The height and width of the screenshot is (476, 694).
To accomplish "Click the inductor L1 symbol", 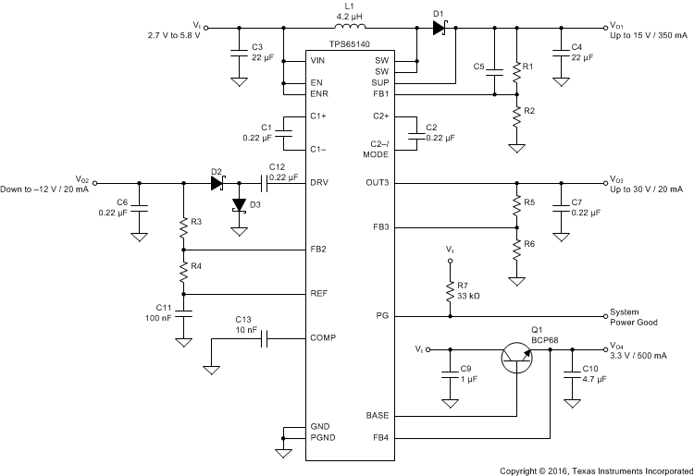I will [x=353, y=27].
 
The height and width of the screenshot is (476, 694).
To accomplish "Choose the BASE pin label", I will [x=378, y=415].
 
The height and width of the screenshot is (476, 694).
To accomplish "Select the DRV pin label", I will [x=319, y=183].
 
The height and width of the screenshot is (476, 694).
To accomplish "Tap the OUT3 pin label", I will [x=379, y=183].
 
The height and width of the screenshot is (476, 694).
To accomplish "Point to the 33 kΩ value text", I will [x=467, y=296].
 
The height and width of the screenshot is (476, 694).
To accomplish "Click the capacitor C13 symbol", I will [x=264, y=338].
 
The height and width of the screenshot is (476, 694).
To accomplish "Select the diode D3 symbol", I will [x=240, y=204].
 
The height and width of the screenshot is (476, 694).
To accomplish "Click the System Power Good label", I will [x=638, y=316].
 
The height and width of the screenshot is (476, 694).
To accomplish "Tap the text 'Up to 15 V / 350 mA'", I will [x=642, y=34].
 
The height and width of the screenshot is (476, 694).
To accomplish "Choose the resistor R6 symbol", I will [x=516, y=249].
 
